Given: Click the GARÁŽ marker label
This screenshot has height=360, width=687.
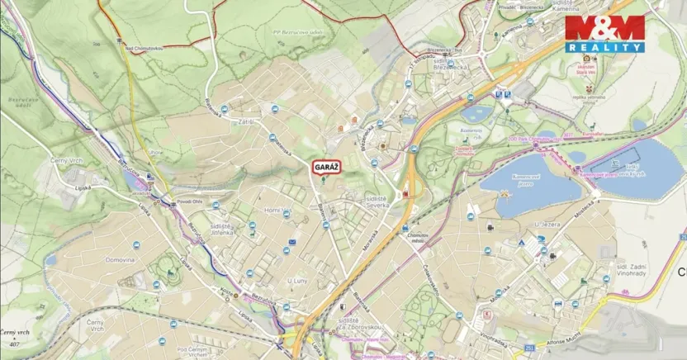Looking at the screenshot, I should point(326,166).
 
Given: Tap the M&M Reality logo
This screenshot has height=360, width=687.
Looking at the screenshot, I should point(604,34).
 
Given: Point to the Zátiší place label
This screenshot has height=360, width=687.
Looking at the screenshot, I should point(244,122).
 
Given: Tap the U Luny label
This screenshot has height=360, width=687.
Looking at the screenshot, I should point(297,281).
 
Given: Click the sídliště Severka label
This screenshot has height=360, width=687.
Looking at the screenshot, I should point(381,203).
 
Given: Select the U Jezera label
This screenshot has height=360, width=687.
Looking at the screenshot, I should point(547,224).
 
